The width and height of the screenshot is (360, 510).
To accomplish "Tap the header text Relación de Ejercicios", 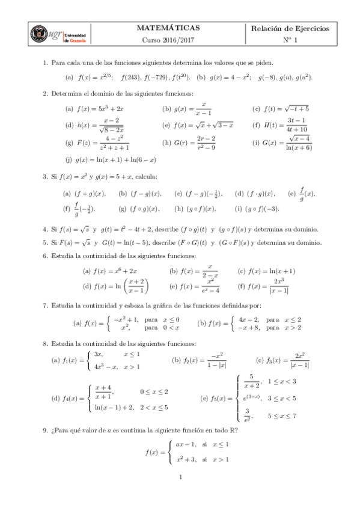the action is [x=290, y=28].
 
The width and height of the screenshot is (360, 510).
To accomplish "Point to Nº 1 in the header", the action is [x=290, y=40].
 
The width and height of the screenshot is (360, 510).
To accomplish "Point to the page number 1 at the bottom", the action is [x=180, y=495].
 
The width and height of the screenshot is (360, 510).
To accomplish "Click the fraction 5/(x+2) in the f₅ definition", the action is [x=251, y=386].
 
